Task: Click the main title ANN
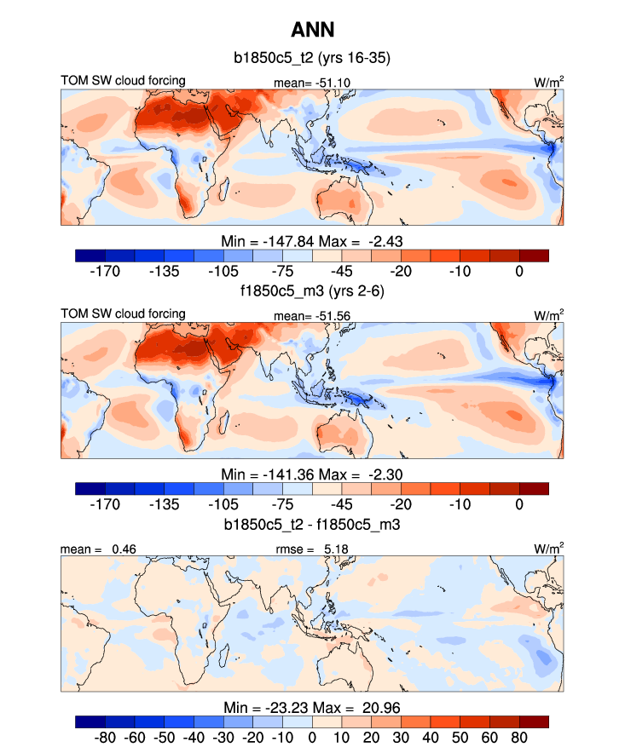[x=312, y=30]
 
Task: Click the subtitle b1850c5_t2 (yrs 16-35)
[x=312, y=59]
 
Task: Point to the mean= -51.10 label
[x=301, y=82]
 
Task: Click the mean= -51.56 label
[x=301, y=315]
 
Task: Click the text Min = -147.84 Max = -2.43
[x=312, y=241]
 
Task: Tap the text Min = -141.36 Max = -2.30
[x=312, y=474]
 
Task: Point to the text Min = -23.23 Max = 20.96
[x=312, y=707]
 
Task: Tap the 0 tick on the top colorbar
[x=519, y=272]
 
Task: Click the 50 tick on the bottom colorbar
[x=431, y=738]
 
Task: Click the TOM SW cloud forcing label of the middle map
[x=123, y=314]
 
